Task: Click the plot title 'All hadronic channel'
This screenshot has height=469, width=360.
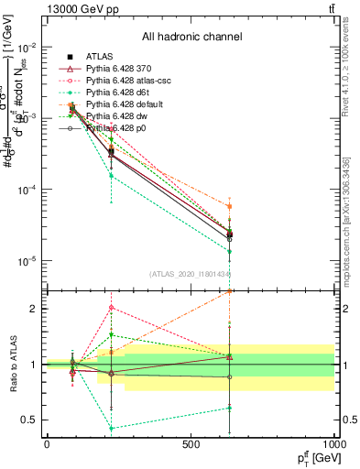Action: tap(191, 37)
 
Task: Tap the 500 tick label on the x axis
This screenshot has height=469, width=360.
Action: tap(191, 444)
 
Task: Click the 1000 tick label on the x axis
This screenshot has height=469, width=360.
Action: tap(334, 444)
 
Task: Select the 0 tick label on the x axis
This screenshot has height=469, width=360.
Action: tap(47, 444)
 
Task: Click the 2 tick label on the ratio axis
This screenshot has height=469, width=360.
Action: tap(35, 309)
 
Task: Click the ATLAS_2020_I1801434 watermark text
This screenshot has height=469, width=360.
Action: tap(191, 274)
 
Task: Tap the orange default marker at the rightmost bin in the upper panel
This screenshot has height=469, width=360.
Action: tap(229, 207)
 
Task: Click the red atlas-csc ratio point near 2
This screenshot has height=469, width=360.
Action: tap(111, 307)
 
